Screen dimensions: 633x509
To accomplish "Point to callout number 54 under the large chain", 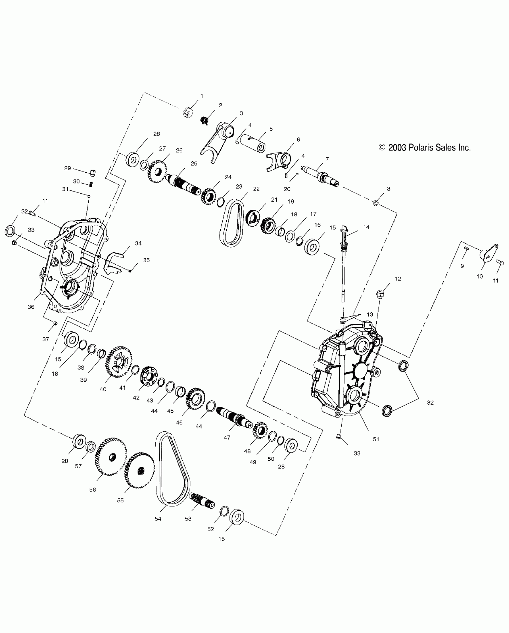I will (x=158, y=519).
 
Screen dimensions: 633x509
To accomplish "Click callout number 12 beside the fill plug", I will (x=398, y=279).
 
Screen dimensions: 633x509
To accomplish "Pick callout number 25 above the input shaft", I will (x=194, y=164).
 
